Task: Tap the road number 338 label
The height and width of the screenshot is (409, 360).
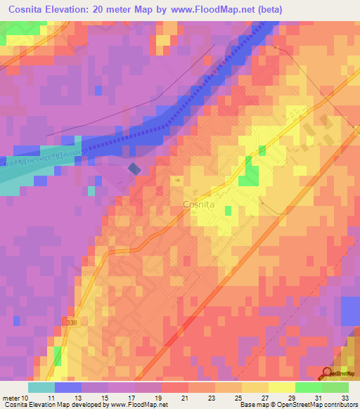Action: click(70, 323)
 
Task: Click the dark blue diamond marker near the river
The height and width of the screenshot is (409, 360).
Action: click(134, 169)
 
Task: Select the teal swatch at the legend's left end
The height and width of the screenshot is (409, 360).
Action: click(41, 387)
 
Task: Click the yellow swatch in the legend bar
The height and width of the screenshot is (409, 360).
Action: click(281, 387)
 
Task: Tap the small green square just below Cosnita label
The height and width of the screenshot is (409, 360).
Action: click(229, 210)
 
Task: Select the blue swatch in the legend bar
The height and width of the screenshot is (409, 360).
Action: click(68, 387)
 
